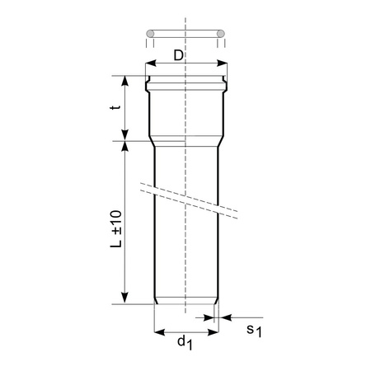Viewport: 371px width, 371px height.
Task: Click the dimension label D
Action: [x=180, y=54]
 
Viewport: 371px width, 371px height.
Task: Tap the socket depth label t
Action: [x=117, y=106]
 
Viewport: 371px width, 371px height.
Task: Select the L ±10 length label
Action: [x=116, y=228]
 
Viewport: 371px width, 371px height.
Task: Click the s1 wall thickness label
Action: [x=254, y=331]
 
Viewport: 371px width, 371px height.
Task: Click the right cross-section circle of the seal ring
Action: [x=220, y=33]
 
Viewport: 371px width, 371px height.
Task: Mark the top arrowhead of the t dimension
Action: [x=125, y=81]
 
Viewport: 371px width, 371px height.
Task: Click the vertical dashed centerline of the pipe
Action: [x=185, y=247]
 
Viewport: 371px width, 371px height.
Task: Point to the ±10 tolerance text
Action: [x=116, y=218]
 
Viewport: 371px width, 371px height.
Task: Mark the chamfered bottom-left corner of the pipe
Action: [x=157, y=301]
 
